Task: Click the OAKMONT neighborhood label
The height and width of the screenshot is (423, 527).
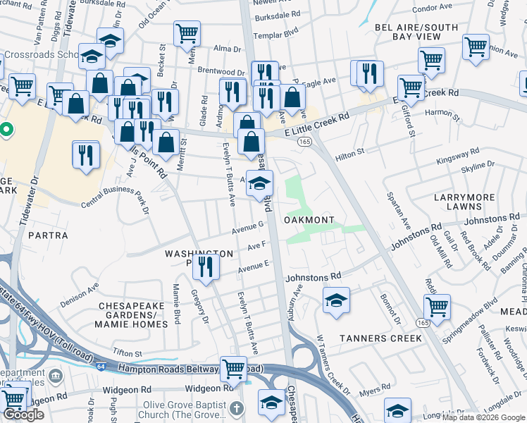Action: (309, 220)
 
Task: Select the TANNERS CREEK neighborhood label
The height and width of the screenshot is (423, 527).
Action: (380, 338)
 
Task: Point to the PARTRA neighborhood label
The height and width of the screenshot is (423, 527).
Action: (49, 235)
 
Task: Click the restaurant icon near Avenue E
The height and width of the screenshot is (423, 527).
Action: (206, 266)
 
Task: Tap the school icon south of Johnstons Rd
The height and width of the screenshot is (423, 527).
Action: (337, 299)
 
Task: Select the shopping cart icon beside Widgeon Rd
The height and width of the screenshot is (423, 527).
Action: (233, 367)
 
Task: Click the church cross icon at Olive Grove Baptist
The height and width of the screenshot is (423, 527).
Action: (237, 409)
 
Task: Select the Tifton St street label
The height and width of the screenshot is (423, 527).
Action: (128, 353)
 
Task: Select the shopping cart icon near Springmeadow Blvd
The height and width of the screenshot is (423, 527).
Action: (437, 307)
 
